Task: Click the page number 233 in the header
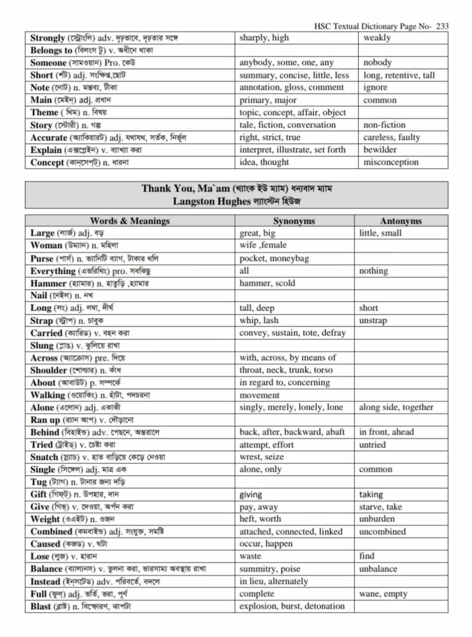[x=442, y=26]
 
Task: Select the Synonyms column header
[x=294, y=221]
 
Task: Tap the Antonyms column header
[x=401, y=221]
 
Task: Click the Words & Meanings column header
[x=130, y=221]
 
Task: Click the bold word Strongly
[x=48, y=38]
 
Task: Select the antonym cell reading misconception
[x=391, y=162]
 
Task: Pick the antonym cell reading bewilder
[x=380, y=150]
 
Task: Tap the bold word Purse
[x=42, y=258]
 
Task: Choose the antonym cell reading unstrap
[x=373, y=320]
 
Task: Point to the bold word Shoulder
[x=48, y=370]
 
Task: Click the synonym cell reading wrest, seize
[x=262, y=457]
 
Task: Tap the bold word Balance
[x=46, y=569]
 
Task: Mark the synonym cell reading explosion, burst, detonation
[x=292, y=606]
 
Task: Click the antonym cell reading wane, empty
[x=383, y=594]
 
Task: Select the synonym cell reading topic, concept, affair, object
[x=292, y=112]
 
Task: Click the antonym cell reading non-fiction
[x=384, y=125]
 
